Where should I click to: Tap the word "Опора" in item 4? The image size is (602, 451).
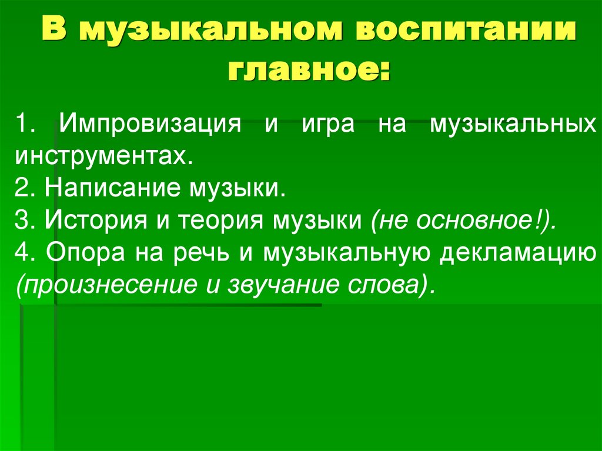(83, 253)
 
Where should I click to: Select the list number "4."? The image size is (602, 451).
(27, 253)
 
